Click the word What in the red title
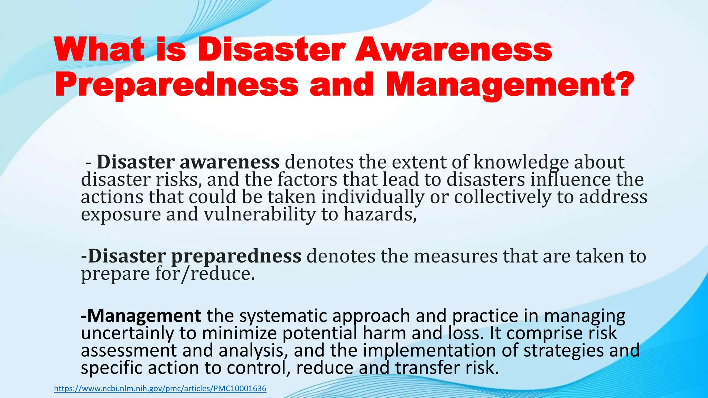[x=99, y=50]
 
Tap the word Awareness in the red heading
[x=454, y=50]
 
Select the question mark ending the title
[x=625, y=84]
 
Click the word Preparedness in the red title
[x=176, y=85]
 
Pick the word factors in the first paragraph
[x=307, y=179]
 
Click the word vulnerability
[x=260, y=214]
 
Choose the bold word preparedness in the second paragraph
[x=236, y=256]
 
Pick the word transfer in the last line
[x=427, y=368]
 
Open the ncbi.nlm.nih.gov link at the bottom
[x=160, y=388]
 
